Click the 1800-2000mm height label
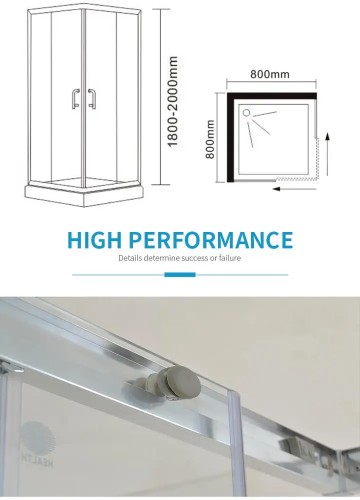(x=173, y=101)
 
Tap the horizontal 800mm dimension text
(x=270, y=74)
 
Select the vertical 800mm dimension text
(x=210, y=139)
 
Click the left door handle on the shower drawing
(x=75, y=98)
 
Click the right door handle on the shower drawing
(x=91, y=98)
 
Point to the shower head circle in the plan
(x=246, y=112)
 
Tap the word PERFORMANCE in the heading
(x=210, y=240)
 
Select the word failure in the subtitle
(x=228, y=258)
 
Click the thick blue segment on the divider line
(x=180, y=274)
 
